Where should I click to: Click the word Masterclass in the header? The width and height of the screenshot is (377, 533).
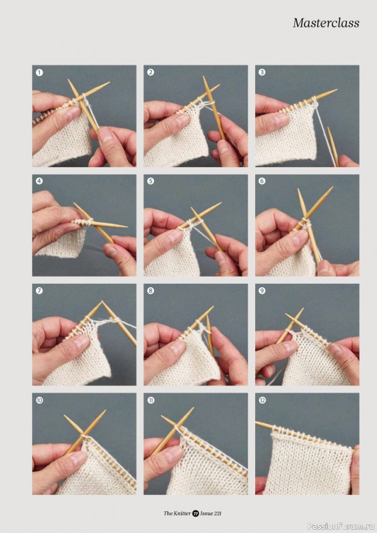point(326,23)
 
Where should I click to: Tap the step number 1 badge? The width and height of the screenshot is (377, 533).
point(39,73)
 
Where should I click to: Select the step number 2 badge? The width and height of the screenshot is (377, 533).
point(151,72)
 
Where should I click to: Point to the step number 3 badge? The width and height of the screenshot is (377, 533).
point(262,72)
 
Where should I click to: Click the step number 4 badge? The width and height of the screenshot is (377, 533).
point(39,181)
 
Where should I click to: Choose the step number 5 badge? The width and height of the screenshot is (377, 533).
point(151,181)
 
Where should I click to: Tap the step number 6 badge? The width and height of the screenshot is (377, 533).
point(262,181)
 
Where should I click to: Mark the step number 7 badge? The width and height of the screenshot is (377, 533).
point(39,290)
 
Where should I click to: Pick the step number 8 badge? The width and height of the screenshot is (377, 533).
point(151,290)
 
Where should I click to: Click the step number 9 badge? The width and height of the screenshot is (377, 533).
point(262,290)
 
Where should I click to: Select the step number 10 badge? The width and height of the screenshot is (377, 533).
point(39,400)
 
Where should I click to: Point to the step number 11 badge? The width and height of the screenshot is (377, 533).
point(151,400)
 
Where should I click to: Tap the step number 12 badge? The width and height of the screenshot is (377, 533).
point(262,400)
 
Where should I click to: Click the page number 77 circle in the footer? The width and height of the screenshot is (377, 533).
point(195,513)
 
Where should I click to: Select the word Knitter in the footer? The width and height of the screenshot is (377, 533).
point(183,513)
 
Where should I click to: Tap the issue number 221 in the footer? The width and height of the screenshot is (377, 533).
point(217,513)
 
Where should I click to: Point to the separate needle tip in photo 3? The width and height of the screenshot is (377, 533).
point(328,129)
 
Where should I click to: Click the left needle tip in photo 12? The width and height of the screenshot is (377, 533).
point(257,423)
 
